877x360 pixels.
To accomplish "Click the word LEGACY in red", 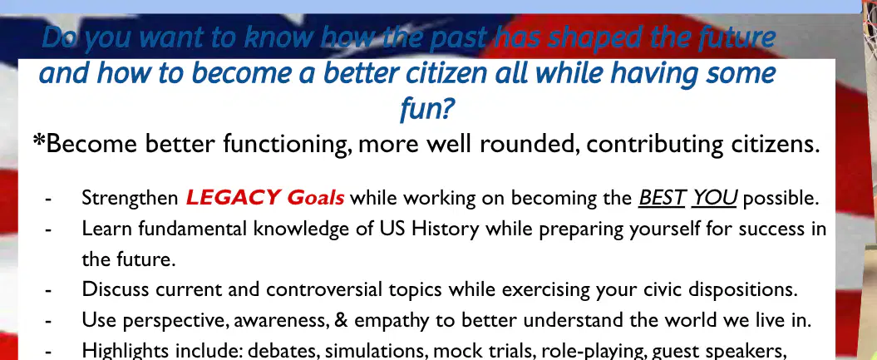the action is pyautogui.click(x=233, y=198).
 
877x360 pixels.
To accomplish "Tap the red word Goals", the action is pyautogui.click(x=315, y=198).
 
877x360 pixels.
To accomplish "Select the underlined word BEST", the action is pyautogui.click(x=663, y=198).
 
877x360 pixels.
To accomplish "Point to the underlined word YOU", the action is pyautogui.click(x=714, y=198).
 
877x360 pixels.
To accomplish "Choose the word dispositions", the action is pyautogui.click(x=742, y=290).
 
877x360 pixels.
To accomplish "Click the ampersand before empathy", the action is pyautogui.click(x=341, y=320).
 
